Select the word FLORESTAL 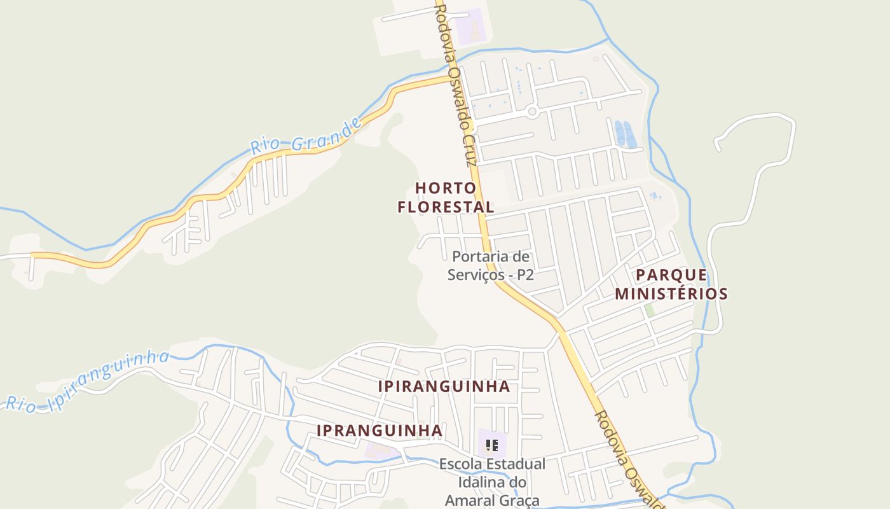point(446,207)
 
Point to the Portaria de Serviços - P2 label point(490,266)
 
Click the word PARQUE point(671,275)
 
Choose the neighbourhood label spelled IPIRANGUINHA point(444,387)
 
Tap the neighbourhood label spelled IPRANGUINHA point(380,431)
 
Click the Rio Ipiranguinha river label point(88,380)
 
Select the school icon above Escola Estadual point(491,445)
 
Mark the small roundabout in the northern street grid point(533,112)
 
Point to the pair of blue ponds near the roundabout point(624,134)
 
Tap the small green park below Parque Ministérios point(649,310)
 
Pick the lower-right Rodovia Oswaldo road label point(627,458)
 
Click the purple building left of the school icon point(380,451)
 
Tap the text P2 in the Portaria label point(525,275)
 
